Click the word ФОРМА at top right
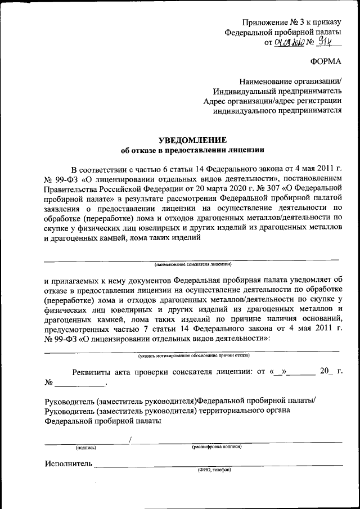click(326, 60)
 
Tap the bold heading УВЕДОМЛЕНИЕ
click(192, 140)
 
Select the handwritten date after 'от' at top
click(289, 42)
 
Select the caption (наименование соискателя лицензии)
click(193, 263)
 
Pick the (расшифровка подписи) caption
click(217, 447)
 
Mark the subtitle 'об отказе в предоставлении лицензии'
click(192, 150)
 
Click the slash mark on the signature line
click(130, 439)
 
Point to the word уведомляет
click(303, 278)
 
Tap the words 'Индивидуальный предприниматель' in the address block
click(277, 91)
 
